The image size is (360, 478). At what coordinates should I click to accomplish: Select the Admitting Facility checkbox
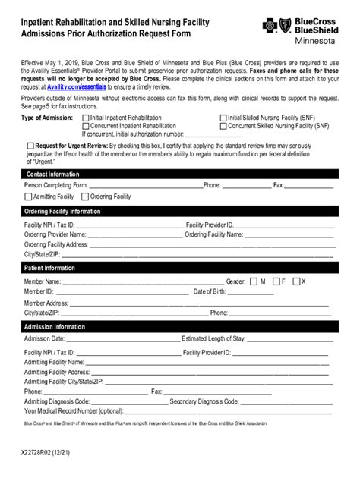click(28, 197)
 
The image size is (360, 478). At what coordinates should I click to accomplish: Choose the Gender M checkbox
click(253, 281)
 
